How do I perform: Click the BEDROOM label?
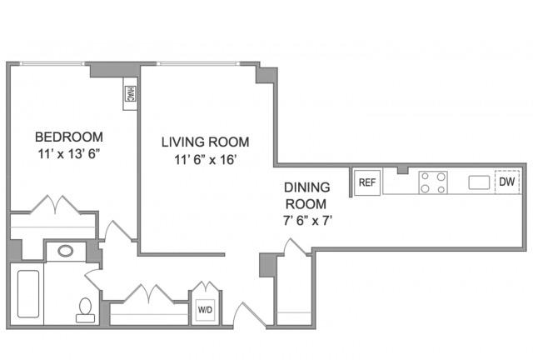[x=69, y=137]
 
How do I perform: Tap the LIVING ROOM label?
[x=206, y=142]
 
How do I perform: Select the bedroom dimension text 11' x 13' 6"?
[x=69, y=154]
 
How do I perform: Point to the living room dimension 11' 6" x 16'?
[x=206, y=159]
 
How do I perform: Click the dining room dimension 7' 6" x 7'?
[x=307, y=221]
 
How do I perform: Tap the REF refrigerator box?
[x=367, y=182]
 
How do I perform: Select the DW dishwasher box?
[x=507, y=182]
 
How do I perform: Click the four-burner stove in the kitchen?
[x=433, y=182]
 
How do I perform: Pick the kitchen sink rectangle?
[x=479, y=182]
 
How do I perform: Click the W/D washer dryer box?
[x=206, y=310]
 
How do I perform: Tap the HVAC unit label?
[x=130, y=93]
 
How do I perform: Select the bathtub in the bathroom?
[x=28, y=293]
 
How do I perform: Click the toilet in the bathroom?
[x=85, y=310]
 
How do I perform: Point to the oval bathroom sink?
[x=66, y=251]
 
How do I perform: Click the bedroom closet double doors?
[x=56, y=206]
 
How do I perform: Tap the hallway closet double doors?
[x=149, y=294]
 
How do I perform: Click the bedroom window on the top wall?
[x=52, y=63]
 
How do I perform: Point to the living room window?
[x=198, y=63]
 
